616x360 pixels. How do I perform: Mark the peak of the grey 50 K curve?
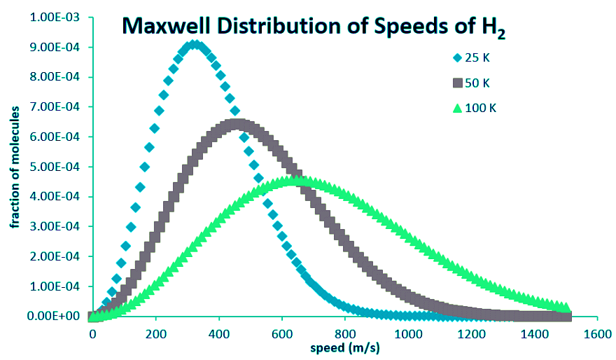click(237, 125)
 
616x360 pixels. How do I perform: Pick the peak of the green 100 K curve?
click(297, 181)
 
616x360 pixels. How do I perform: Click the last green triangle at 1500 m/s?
click(566, 307)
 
